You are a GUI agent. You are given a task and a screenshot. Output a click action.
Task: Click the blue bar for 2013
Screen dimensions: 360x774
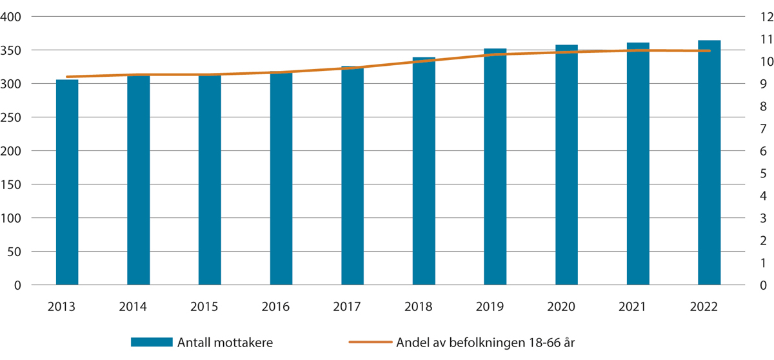(x=67, y=182)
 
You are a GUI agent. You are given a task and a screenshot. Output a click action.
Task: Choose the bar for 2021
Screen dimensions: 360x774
(x=638, y=164)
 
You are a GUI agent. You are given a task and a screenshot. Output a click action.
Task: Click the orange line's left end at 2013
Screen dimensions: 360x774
(x=67, y=77)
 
